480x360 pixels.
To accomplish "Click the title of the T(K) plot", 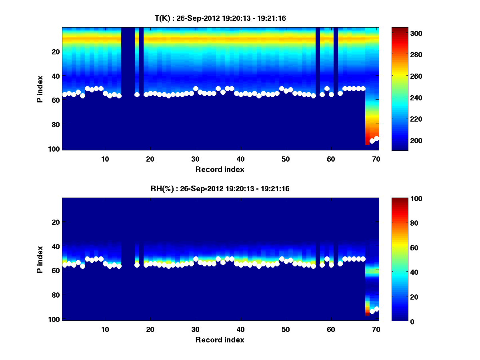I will tap(220, 18).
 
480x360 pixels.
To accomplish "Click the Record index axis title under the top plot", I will tap(220, 169).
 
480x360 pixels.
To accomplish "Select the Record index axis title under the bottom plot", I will tap(220, 340).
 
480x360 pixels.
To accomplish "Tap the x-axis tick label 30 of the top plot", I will tap(195, 159).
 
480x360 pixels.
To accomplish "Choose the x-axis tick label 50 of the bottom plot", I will tap(286, 329).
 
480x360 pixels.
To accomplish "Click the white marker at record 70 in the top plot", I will tap(376, 138).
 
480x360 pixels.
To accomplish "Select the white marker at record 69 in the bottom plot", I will tap(372, 311).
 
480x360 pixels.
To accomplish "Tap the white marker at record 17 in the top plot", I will tap(137, 94).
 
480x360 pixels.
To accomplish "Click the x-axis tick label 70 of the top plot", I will tap(376, 159).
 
